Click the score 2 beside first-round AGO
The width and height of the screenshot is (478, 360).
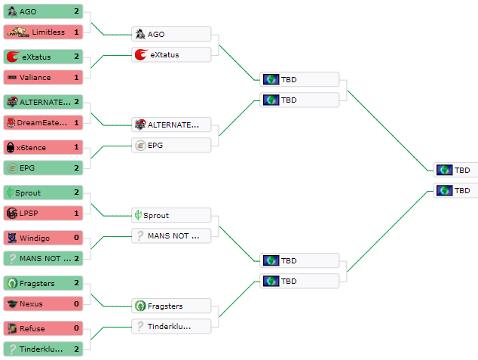click(77, 11)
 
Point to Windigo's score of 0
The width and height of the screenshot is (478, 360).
click(77, 238)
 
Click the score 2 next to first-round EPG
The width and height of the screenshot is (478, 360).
click(77, 168)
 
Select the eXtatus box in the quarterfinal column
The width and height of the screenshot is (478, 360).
click(171, 54)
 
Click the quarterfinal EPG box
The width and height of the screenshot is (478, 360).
click(171, 145)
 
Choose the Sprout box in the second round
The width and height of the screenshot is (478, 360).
click(171, 215)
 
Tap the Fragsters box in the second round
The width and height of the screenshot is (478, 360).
click(171, 306)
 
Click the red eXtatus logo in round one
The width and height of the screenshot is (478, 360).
click(11, 57)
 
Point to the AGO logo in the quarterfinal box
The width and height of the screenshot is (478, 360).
click(139, 34)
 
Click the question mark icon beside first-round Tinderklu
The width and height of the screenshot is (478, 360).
click(11, 349)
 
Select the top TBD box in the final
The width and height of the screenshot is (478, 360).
click(455, 170)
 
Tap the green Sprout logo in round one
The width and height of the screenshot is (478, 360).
click(10, 192)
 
